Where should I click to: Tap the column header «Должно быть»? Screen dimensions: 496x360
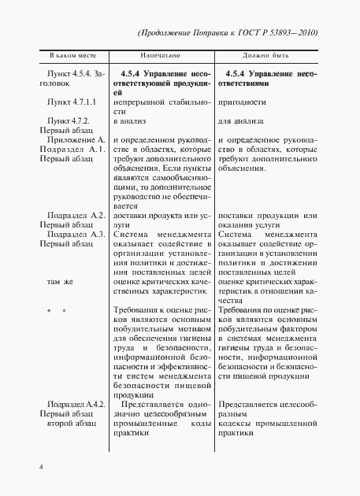click(x=267, y=57)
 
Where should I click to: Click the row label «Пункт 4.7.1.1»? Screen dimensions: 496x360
click(x=72, y=102)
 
